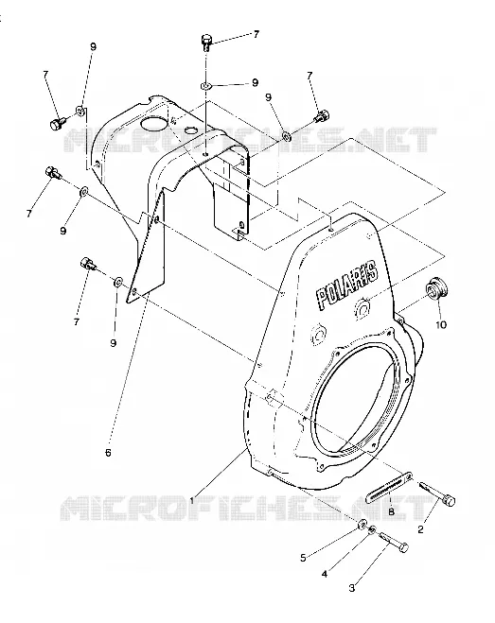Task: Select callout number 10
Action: pos(441,324)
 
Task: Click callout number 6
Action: pos(108,453)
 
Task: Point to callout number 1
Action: pos(192,501)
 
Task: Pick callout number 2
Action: pos(420,529)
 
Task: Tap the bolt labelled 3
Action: pos(394,542)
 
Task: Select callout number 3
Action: pos(352,588)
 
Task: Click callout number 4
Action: pos(325,574)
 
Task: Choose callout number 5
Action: pos(303,558)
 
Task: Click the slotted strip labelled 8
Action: pos(390,486)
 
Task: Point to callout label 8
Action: pos(391,512)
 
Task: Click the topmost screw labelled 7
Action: pos(206,43)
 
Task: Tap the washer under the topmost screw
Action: pos(206,85)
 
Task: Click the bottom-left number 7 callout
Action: pos(77,321)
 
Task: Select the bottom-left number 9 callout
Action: pos(114,342)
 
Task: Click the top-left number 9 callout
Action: pos(93,46)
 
